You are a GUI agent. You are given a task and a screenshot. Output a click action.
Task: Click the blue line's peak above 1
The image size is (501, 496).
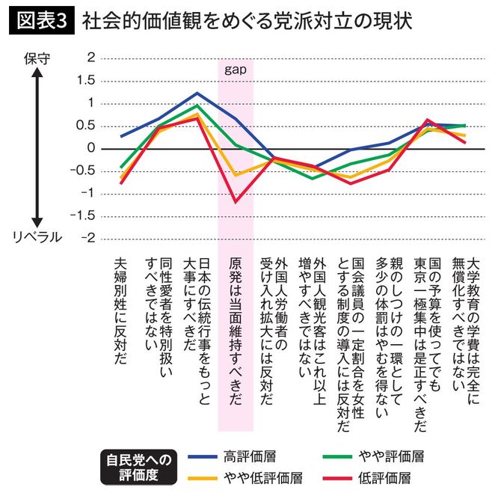coord(196,94)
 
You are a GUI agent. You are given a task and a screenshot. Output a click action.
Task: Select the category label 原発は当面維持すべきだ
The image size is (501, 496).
coord(236,332)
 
